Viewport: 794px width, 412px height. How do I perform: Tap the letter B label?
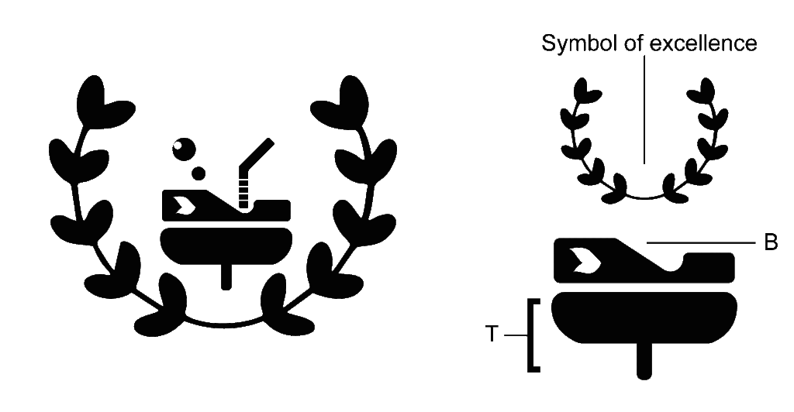pos(771,243)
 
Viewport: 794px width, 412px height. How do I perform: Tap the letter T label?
pos(492,334)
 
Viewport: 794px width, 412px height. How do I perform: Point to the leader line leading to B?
pos(701,243)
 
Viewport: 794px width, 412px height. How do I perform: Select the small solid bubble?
pos(198,173)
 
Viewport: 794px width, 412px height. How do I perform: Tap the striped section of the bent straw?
pos(244,190)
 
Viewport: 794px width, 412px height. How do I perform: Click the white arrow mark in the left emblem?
pos(183,205)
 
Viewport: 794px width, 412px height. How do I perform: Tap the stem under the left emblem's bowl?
pos(226,276)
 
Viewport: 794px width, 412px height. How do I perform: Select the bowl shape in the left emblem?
pos(226,245)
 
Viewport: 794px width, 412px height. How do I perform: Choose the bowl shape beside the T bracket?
pos(644,318)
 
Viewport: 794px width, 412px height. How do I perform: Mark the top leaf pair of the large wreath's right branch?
pos(350,104)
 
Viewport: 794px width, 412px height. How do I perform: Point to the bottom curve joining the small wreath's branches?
pos(644,197)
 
